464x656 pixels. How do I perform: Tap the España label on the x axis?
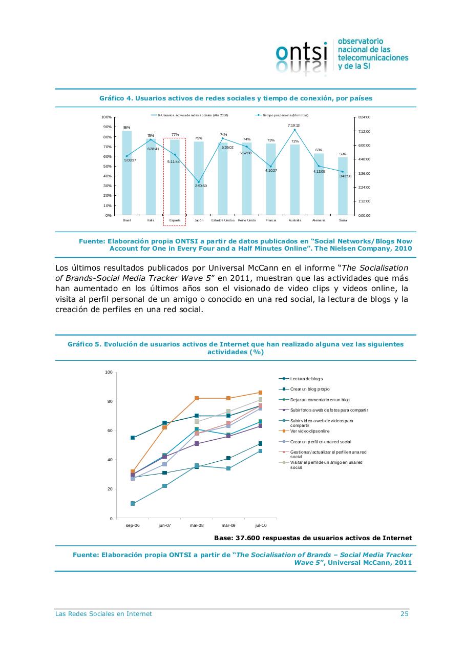[175, 220]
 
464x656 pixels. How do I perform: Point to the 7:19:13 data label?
[293, 125]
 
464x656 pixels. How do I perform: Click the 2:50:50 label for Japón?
[201, 186]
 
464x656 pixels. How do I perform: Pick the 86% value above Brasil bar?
[126, 127]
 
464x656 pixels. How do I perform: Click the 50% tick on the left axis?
[108, 166]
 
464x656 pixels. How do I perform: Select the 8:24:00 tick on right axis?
[364, 117]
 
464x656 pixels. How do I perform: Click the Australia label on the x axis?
[295, 220]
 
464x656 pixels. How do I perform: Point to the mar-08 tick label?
[197, 525]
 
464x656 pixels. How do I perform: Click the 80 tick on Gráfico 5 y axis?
[109, 401]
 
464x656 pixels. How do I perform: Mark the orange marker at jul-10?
[260, 393]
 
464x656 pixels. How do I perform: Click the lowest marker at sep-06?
[133, 504]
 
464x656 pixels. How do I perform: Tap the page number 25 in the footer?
[404, 614]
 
